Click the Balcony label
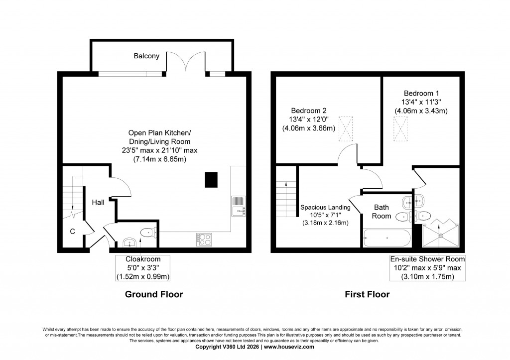point(146,56)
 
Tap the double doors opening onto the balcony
point(185,64)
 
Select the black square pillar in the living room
point(211,180)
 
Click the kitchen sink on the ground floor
point(239,206)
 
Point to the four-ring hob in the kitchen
point(203,240)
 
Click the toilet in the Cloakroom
point(148,232)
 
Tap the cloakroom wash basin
point(130,242)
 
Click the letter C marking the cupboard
point(72,231)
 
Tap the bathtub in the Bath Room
point(386,238)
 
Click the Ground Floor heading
point(153,294)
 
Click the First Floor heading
point(367,294)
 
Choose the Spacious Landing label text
point(325,208)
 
